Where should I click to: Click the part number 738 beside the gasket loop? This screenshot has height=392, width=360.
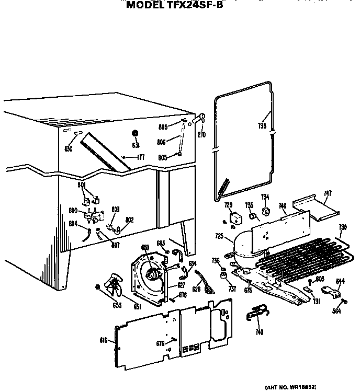tap(262, 126)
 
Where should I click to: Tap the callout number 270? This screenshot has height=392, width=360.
tap(201, 134)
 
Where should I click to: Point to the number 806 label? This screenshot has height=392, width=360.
tap(161, 142)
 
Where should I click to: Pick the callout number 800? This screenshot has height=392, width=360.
tap(73, 210)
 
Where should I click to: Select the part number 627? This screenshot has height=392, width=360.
tap(181, 285)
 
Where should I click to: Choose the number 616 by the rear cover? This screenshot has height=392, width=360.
tap(103, 340)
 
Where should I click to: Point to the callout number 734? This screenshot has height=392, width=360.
tap(265, 197)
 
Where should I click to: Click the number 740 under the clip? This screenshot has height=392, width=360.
tap(259, 332)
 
